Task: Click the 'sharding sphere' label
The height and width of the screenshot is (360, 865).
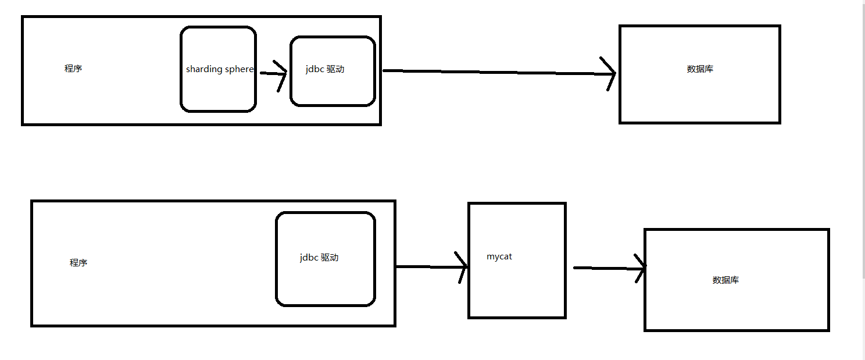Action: click(220, 69)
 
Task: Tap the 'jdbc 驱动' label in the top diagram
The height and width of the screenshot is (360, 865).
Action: click(325, 69)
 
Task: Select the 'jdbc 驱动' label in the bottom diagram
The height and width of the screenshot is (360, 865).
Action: click(319, 257)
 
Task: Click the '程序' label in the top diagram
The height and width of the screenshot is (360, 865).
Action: click(73, 69)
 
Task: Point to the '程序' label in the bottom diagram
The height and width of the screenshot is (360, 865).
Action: click(78, 263)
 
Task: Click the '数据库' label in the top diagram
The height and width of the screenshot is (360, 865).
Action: click(700, 69)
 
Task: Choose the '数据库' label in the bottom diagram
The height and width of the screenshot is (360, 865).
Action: click(725, 280)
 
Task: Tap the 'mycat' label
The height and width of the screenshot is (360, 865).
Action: click(499, 257)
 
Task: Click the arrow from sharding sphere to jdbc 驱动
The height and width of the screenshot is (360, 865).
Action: click(273, 73)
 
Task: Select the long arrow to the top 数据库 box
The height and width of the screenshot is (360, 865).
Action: click(499, 72)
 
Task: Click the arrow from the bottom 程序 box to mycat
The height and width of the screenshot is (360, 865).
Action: click(432, 267)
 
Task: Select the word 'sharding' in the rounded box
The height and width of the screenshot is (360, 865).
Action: click(204, 69)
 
